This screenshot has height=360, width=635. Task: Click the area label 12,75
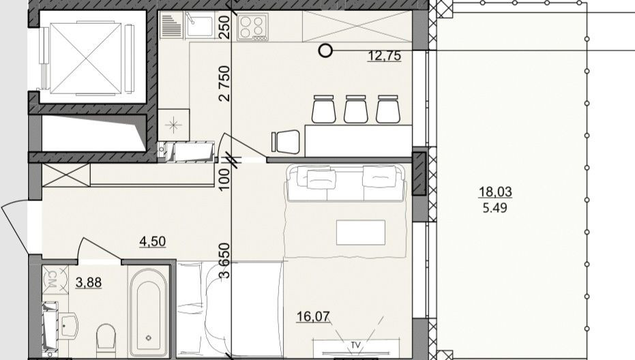pyautogui.click(x=385, y=55)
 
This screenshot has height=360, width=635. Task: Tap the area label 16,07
pyautogui.click(x=313, y=316)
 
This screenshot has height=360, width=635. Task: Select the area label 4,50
pyautogui.click(x=152, y=241)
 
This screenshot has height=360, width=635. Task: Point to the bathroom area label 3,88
pyautogui.click(x=89, y=282)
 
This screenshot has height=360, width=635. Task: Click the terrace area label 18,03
pyautogui.click(x=495, y=191)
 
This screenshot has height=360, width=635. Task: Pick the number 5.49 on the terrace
pyautogui.click(x=495, y=208)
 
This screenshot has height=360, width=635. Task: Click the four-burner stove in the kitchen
pyautogui.click(x=252, y=27)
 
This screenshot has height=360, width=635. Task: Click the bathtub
pyautogui.click(x=149, y=311)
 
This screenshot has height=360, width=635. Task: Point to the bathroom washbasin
pyautogui.click(x=68, y=325)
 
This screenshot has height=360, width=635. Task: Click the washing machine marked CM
pyautogui.click(x=55, y=279)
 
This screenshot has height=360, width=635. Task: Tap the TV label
pyautogui.click(x=355, y=346)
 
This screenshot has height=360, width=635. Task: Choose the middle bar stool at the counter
pyautogui.click(x=356, y=109)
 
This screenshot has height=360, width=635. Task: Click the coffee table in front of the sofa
pyautogui.click(x=360, y=232)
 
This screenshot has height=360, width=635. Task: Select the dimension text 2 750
pyautogui.click(x=224, y=83)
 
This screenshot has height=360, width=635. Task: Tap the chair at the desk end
pyautogui.click(x=286, y=142)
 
